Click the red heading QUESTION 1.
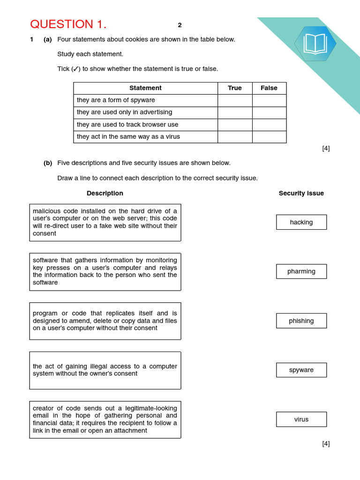pos(68,24)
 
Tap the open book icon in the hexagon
pos(315,44)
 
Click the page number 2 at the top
pos(180,25)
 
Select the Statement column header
pos(145,88)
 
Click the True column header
pos(235,88)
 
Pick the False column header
pos(269,88)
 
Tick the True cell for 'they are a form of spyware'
pos(235,100)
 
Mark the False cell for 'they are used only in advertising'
pos(269,112)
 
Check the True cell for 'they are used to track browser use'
pos(235,125)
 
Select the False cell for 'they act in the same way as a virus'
pos(269,137)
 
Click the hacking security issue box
pos(301,222)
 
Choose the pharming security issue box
pos(301,271)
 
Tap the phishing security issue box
pos(301,321)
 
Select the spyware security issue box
pos(301,370)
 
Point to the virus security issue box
pos(301,419)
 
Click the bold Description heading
pos(105,193)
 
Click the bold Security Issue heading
pos(301,193)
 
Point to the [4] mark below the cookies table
pos(326,148)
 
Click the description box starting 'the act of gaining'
pos(105,370)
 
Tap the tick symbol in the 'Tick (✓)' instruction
pos(75,69)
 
